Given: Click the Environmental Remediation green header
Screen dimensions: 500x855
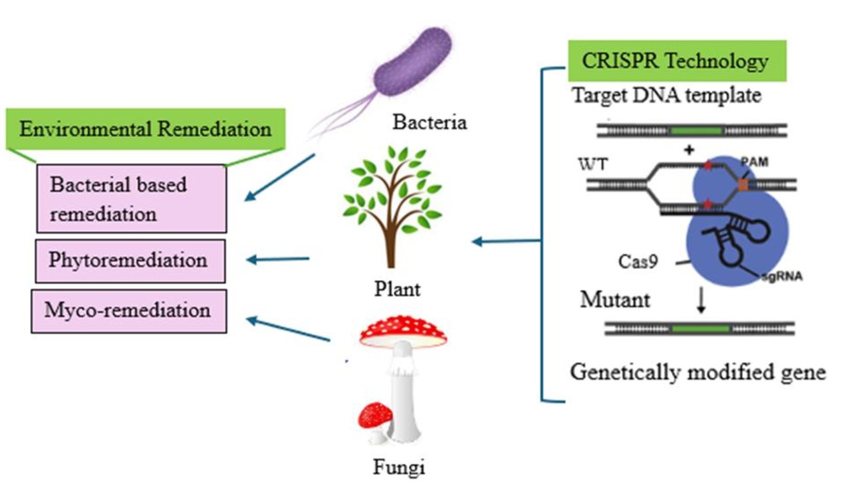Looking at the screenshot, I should (145, 128).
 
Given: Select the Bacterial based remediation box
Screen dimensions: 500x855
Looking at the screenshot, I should (131, 199).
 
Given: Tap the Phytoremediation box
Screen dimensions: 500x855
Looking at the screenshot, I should (128, 259).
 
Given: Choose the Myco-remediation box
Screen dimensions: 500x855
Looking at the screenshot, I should (128, 311).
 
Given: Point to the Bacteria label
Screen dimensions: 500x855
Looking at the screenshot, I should (429, 123).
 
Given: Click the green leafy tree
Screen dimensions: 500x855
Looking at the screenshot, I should (390, 194).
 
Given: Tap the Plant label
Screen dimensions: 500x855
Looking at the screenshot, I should (397, 289).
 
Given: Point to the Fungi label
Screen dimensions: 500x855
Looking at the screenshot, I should (398, 467).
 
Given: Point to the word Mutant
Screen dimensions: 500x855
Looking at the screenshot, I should (614, 299).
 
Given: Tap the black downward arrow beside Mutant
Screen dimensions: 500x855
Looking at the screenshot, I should (701, 303).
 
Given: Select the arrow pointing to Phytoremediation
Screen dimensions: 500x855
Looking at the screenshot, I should (279, 259).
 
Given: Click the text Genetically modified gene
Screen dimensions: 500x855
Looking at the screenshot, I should (698, 372).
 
